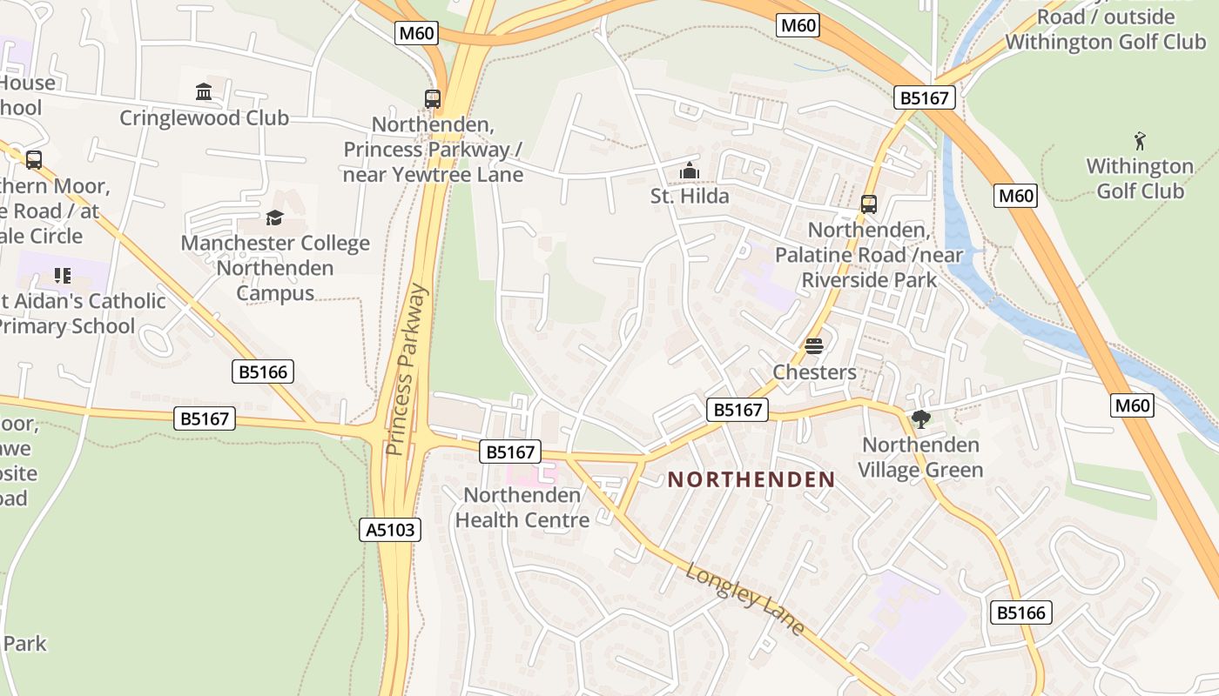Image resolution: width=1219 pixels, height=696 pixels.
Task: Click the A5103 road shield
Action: (389, 529)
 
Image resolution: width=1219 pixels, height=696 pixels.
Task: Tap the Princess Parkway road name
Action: (407, 369)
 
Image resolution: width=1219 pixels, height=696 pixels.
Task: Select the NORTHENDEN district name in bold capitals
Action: (751, 479)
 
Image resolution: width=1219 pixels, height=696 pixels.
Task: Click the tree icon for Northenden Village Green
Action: (920, 419)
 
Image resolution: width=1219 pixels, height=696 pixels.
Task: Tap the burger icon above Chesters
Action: (814, 346)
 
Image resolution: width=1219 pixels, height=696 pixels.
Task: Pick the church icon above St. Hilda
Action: (690, 171)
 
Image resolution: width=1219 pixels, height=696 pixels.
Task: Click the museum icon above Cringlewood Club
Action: (204, 92)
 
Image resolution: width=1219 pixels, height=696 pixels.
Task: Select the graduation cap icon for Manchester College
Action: (275, 217)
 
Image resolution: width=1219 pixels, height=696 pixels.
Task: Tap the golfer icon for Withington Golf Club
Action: (1139, 140)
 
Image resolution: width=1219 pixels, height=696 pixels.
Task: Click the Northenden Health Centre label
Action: (522, 507)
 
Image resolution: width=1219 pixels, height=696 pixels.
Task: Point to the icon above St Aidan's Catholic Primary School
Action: (62, 276)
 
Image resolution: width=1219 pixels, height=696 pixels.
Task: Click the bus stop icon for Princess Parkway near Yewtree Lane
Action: (433, 99)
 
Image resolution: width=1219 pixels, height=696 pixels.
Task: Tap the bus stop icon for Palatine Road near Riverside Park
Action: (869, 204)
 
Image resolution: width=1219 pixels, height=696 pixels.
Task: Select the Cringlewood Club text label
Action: (204, 118)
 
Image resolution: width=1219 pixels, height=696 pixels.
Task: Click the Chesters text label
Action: (814, 372)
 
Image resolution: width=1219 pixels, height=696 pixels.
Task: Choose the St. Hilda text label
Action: (690, 197)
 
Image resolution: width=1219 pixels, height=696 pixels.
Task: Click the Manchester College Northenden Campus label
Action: (275, 268)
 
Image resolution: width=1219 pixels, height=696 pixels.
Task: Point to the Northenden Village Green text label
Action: (920, 458)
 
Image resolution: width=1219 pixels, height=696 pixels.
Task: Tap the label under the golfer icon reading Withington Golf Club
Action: (1139, 178)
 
